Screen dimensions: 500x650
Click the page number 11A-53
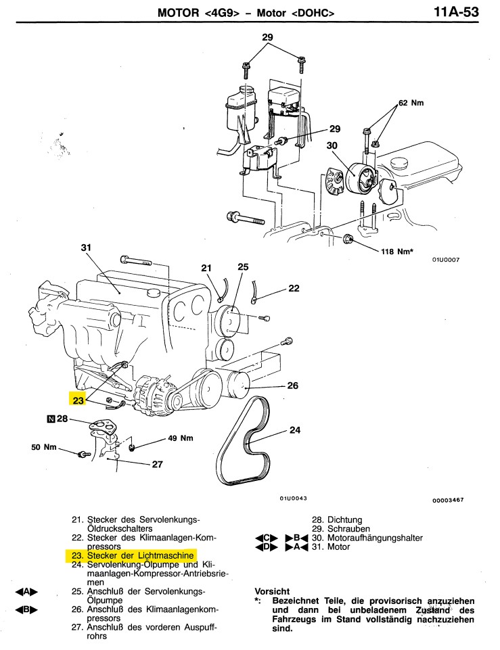456,11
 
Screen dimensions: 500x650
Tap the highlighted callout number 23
78,400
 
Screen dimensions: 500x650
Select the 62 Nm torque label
411,103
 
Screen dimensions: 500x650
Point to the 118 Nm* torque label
397,251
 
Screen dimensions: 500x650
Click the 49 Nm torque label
181,438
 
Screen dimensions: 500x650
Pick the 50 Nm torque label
44,447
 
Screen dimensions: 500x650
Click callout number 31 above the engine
86,248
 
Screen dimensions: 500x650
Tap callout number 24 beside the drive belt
295,430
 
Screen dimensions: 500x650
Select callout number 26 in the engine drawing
293,386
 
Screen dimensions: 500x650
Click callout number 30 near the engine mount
332,145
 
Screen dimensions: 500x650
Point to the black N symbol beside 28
51,419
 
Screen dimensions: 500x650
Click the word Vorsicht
272,592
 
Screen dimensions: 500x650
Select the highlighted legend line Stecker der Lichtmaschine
132,555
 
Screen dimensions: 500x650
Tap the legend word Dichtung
344,520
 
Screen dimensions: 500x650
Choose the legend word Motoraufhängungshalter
375,538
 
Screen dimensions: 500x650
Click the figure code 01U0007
446,260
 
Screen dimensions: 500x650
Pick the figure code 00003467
448,501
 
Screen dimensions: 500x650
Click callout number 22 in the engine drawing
294,288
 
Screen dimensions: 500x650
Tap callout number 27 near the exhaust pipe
157,464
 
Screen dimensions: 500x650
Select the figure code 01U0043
293,498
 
